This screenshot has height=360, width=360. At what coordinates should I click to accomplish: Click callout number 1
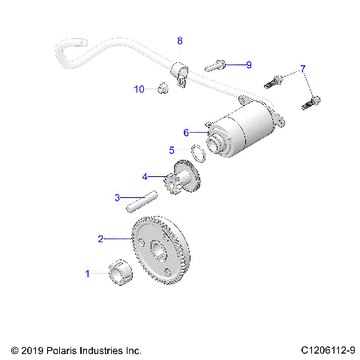point(88,274)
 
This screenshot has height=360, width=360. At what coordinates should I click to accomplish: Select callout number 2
point(100,239)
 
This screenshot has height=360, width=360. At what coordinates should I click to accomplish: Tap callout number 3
point(117,198)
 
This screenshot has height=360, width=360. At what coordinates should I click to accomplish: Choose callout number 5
point(172,150)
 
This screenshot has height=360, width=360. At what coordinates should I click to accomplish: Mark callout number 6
point(186,133)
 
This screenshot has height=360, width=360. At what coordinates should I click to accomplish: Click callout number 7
point(303,69)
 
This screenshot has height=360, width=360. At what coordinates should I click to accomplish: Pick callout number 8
point(179,40)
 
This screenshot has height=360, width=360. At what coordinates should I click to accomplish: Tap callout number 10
point(139,89)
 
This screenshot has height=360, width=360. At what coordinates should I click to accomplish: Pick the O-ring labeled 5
point(199,153)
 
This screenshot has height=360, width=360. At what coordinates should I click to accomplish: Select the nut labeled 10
point(160,90)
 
